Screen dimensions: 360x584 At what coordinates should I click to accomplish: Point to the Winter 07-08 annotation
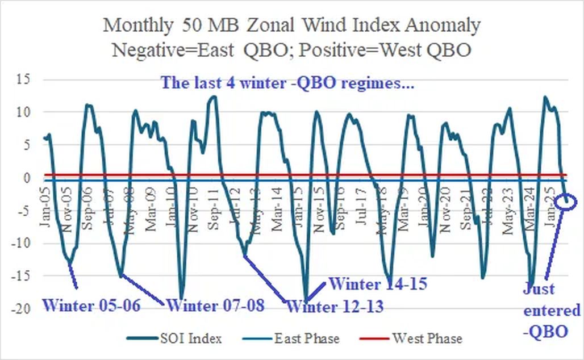click(x=216, y=305)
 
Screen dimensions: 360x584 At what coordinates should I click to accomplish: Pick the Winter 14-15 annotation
click(x=378, y=283)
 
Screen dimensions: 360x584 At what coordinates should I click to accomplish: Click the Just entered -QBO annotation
click(x=552, y=311)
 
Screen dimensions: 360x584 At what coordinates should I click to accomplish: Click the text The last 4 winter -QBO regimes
click(x=287, y=83)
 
